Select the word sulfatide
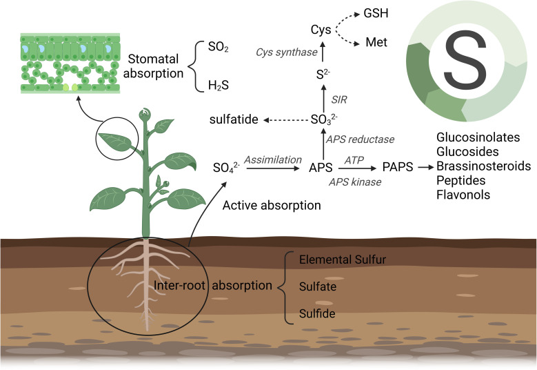click(x=234, y=120)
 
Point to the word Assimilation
click(x=273, y=159)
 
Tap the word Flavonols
click(x=462, y=195)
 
